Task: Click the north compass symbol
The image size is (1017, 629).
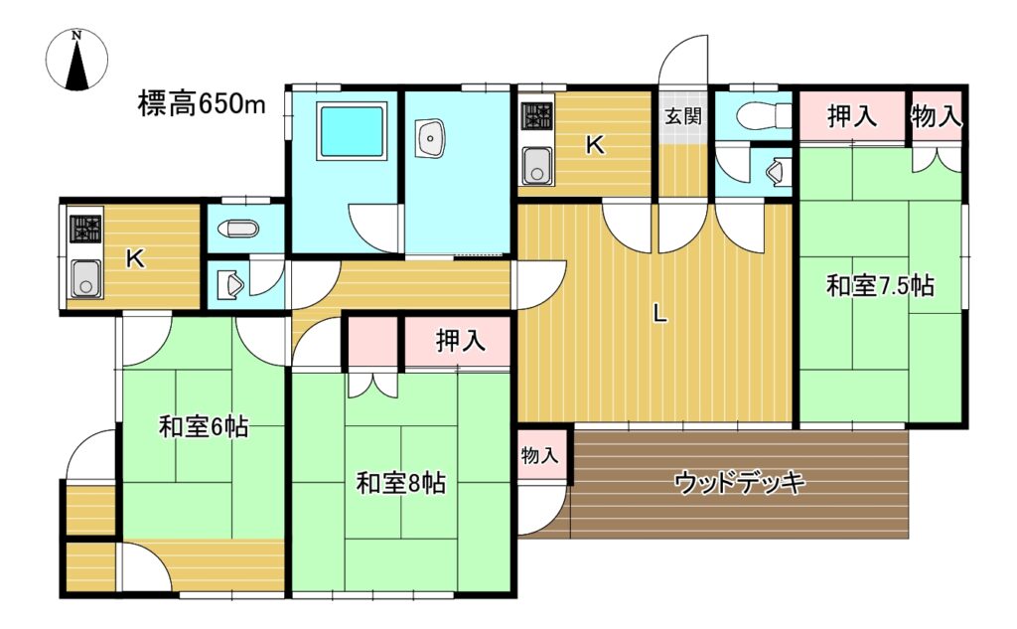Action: pyautogui.click(x=77, y=60)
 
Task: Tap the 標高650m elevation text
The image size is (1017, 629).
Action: pyautogui.click(x=202, y=104)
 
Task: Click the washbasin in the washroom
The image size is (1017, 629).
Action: pyautogui.click(x=429, y=137)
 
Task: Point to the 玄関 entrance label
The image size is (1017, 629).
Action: pyautogui.click(x=683, y=117)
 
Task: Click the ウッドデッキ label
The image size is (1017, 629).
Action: pyautogui.click(x=739, y=483)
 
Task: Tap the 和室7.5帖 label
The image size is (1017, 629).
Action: pyautogui.click(x=880, y=285)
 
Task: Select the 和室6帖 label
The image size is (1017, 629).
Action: pyautogui.click(x=204, y=427)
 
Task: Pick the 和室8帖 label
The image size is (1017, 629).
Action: pyautogui.click(x=401, y=483)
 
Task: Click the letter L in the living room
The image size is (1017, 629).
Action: pyautogui.click(x=659, y=315)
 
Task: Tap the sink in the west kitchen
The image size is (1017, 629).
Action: pyautogui.click(x=86, y=278)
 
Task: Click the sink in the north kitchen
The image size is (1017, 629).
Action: pyautogui.click(x=537, y=165)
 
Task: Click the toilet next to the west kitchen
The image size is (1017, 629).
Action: pyautogui.click(x=238, y=229)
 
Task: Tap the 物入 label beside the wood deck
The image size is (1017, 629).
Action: pyautogui.click(x=539, y=455)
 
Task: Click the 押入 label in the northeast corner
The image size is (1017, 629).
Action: pyautogui.click(x=852, y=117)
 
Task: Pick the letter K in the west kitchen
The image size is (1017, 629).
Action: pyautogui.click(x=134, y=259)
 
